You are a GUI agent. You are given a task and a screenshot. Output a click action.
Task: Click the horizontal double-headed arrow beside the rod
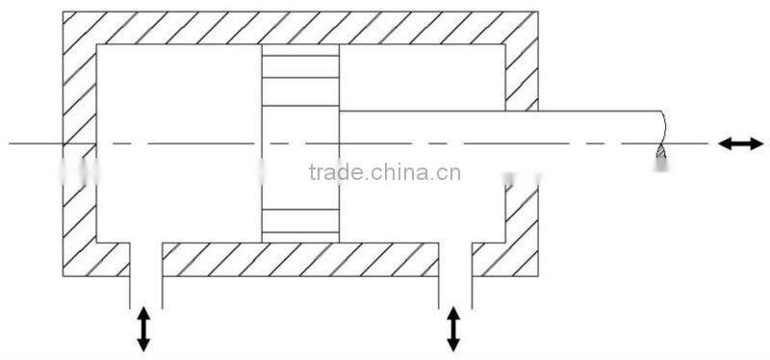click(741, 143)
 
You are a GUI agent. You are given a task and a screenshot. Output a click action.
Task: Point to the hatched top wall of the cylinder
click(298, 28)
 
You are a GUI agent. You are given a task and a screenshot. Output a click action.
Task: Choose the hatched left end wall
click(80, 144)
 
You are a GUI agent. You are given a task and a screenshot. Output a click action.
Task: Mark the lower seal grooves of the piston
click(300, 220)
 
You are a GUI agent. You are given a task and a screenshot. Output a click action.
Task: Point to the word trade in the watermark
click(336, 173)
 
